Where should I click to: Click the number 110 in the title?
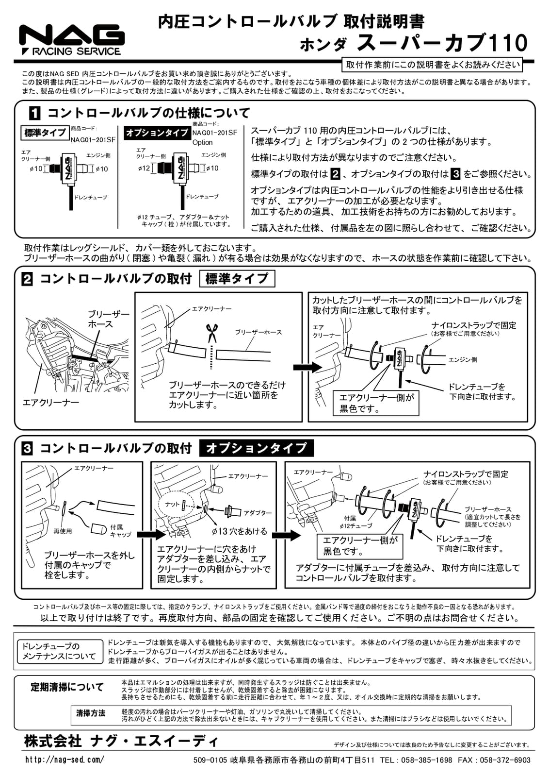coord(508,43)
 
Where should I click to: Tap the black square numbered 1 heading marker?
coord(35,114)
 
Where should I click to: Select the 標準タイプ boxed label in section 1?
coord(45,133)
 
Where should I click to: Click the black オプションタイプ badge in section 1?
coord(157,133)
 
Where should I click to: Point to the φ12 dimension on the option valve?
coord(144,169)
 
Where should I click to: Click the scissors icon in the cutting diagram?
coord(211,333)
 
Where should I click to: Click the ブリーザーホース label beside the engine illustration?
coord(108,319)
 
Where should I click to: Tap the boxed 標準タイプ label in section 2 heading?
coord(237,279)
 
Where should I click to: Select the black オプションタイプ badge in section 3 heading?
coord(256,448)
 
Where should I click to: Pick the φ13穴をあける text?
coord(239,531)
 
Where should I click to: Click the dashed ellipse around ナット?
coord(176,506)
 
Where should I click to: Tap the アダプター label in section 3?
coord(257,513)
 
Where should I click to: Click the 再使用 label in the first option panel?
coord(63,531)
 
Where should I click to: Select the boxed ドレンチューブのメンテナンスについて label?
coord(59,651)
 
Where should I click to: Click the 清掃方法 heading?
coord(91,713)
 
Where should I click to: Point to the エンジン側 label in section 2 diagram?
coord(462,360)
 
